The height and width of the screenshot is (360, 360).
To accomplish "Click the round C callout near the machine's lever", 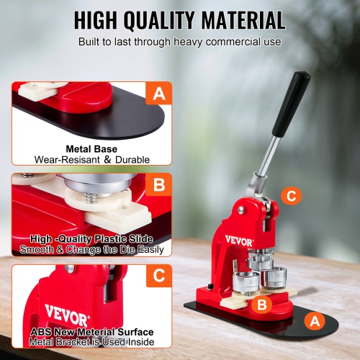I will pyautogui.click(x=290, y=195).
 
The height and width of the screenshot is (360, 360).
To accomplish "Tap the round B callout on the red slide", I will pyautogui.click(x=263, y=305).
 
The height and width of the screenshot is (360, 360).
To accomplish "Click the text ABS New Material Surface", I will pyautogui.click(x=91, y=332).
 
